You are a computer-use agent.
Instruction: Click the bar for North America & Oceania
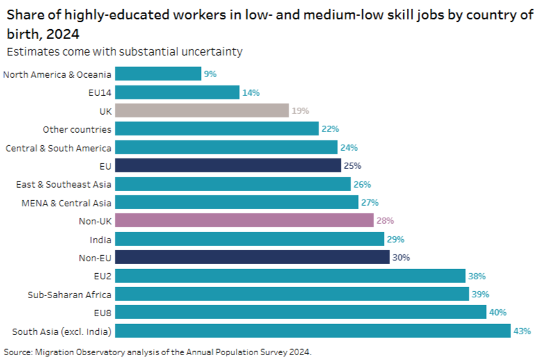click(x=158, y=74)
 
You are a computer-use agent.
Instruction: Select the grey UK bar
click(x=202, y=111)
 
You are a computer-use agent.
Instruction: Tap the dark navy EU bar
click(x=228, y=165)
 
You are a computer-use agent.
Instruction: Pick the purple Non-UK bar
click(x=244, y=220)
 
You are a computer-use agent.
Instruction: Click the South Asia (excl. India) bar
click(x=313, y=330)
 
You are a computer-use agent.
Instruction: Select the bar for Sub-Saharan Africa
click(x=292, y=294)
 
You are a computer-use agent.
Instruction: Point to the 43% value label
click(x=522, y=330)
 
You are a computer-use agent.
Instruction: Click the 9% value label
click(x=210, y=74)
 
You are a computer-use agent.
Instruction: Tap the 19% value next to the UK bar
click(x=300, y=111)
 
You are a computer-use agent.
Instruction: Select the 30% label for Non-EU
click(x=401, y=257)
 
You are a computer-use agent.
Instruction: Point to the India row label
click(x=99, y=238)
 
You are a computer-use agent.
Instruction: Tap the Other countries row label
click(x=77, y=129)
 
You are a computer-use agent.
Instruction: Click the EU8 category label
click(x=102, y=312)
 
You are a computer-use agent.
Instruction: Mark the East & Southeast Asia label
click(x=63, y=183)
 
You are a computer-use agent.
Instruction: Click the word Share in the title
click(x=26, y=15)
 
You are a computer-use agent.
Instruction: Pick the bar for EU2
click(x=290, y=275)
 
